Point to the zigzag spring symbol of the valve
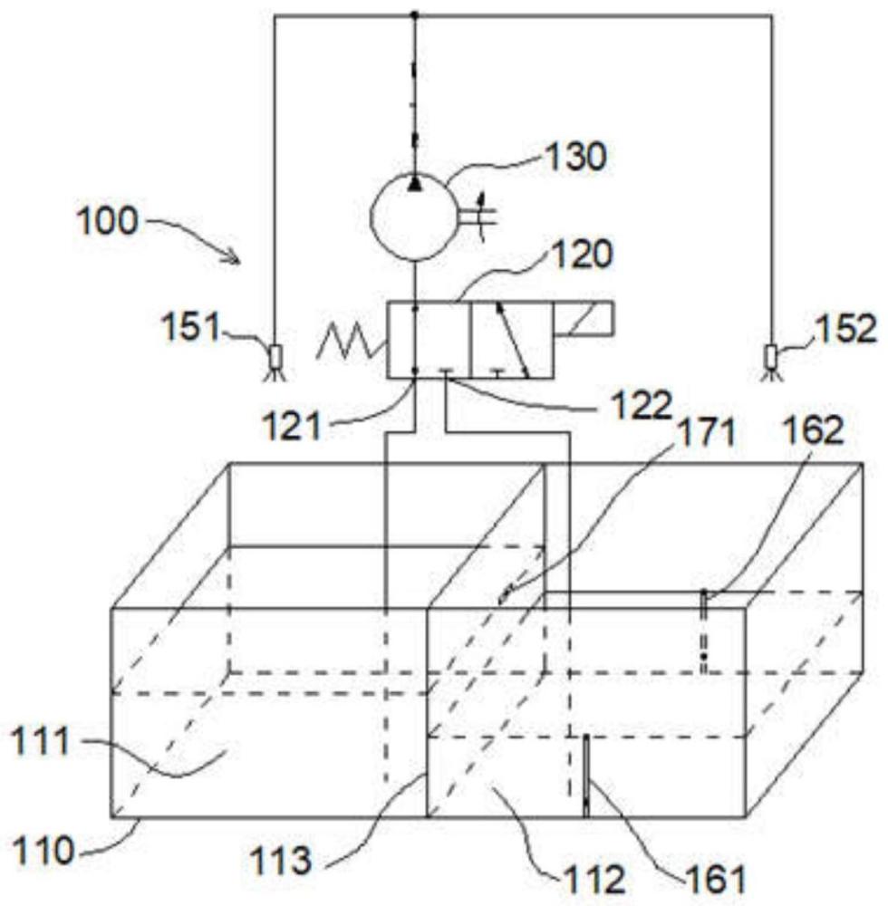coord(349,342)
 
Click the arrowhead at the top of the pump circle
coord(414,184)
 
